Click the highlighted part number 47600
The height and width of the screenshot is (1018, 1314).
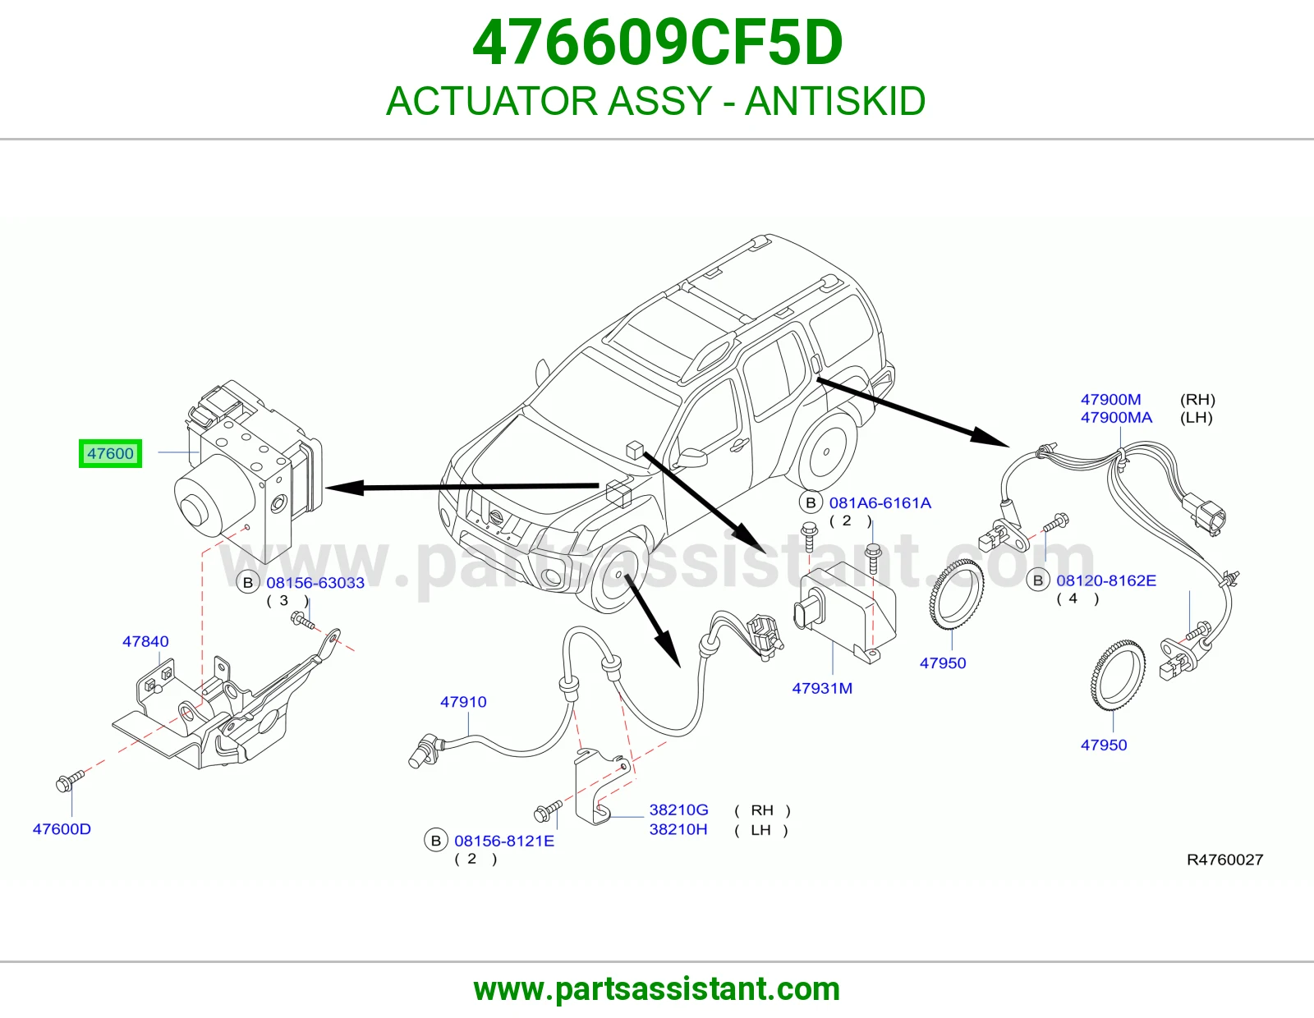[x=110, y=453]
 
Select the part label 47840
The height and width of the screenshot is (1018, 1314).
[x=145, y=641]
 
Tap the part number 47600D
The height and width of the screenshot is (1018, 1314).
[x=62, y=829]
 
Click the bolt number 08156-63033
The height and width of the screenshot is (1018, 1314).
[x=315, y=583]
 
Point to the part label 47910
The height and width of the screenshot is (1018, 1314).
[x=463, y=702]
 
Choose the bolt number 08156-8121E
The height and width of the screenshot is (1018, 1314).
[x=503, y=841]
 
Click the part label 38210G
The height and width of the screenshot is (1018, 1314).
[x=678, y=809]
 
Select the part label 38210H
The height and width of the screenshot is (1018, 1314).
[x=678, y=829]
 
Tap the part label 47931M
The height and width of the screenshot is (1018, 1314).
[x=822, y=688]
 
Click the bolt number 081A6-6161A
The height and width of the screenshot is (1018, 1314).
[x=880, y=503]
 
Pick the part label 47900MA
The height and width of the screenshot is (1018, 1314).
[x=1116, y=417]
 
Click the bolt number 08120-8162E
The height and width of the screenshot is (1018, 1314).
[x=1106, y=580]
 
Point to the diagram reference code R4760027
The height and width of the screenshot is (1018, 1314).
[x=1225, y=860]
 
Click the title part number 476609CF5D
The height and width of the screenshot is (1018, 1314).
[x=657, y=43]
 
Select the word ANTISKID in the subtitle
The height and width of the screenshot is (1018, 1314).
[x=835, y=101]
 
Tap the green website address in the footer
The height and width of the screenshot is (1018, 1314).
[x=657, y=989]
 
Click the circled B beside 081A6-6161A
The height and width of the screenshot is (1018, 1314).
[x=811, y=503]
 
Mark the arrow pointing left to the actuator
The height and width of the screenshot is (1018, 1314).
[x=462, y=487]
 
